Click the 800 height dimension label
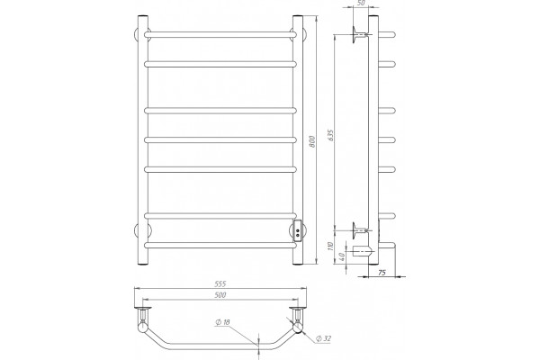point(312,142)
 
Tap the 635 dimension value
point(331,135)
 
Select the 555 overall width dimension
point(220,284)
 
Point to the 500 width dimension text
point(220,295)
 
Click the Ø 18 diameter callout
point(222,322)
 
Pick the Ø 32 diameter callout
point(323,338)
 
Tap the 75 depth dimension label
point(382,273)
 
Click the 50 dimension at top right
point(361,3)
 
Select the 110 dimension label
point(331,247)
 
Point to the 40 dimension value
point(342,256)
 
